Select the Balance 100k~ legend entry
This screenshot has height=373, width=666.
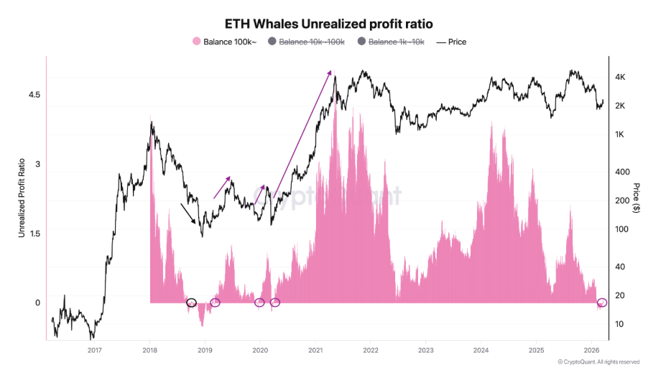click(x=225, y=42)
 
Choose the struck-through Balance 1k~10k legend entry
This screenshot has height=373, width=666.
click(x=392, y=42)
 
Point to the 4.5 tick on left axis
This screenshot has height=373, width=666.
click(x=34, y=95)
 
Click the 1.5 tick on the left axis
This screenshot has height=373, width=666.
click(x=34, y=234)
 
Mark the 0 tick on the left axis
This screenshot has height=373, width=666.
click(x=37, y=303)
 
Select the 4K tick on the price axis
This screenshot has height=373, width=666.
click(x=622, y=77)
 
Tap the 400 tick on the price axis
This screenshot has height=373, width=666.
click(x=622, y=172)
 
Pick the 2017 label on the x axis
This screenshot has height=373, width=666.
click(x=94, y=350)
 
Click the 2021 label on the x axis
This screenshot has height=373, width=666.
click(x=315, y=350)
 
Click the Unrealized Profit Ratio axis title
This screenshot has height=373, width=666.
click(x=22, y=198)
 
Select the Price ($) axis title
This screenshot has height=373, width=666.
click(x=637, y=198)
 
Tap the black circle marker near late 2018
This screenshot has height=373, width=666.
click(x=191, y=303)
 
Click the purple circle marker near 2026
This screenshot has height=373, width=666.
click(x=602, y=303)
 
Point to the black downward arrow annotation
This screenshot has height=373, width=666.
click(x=191, y=214)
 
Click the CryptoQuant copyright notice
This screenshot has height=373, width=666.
click(x=598, y=362)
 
